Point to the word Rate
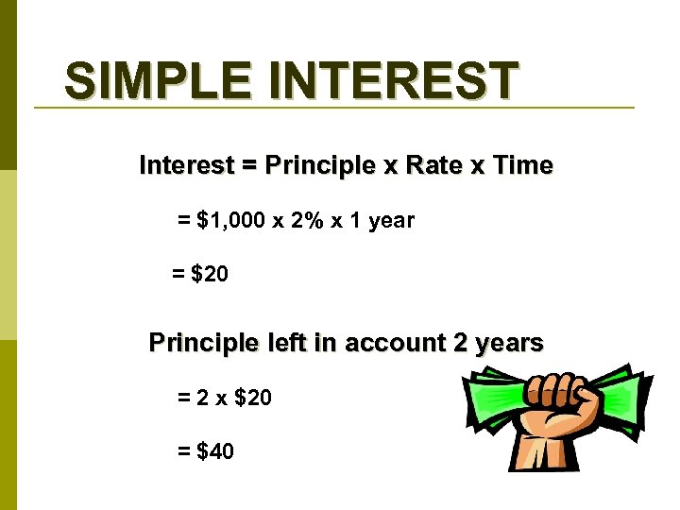tap(436, 165)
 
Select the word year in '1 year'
tap(391, 221)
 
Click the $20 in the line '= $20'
tap(209, 275)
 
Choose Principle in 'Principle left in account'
tap(203, 343)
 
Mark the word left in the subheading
tap(285, 343)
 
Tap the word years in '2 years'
tap(510, 343)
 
